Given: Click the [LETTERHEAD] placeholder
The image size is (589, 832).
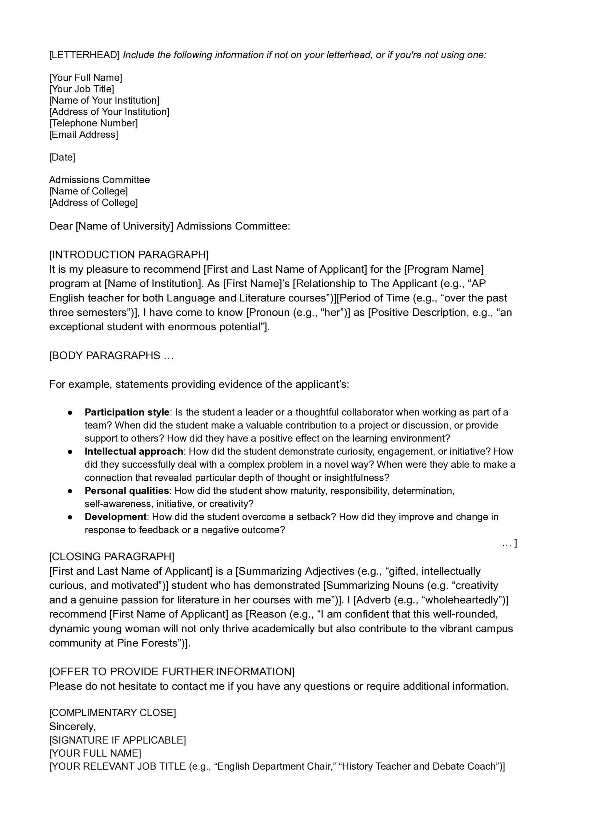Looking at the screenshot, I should click(x=84, y=55).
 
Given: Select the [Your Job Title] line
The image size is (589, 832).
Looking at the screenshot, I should click(x=82, y=89).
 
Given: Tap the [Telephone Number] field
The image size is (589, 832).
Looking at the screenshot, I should click(x=94, y=123).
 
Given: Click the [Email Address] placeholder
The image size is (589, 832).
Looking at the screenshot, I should click(x=84, y=135).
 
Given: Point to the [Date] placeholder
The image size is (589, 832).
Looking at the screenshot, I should click(x=62, y=157).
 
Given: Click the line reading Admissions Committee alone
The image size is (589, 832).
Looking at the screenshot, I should click(x=99, y=179).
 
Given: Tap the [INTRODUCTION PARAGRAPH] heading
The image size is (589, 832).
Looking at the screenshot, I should click(x=129, y=254).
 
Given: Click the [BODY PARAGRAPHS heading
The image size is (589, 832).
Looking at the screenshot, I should click(x=105, y=355).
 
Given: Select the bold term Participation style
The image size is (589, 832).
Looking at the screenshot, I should click(x=127, y=412).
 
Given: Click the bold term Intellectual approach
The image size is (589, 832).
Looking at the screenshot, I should click(x=134, y=451).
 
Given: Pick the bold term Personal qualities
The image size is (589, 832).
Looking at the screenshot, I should click(x=126, y=490).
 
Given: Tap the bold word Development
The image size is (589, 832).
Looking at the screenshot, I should click(x=115, y=517).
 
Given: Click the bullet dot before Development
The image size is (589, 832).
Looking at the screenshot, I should click(x=70, y=517).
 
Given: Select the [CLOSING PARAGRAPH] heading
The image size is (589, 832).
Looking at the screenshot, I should click(x=112, y=556).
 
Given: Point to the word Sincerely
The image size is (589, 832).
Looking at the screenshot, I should click(x=72, y=726).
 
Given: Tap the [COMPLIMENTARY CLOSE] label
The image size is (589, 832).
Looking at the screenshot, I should click(x=112, y=713).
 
